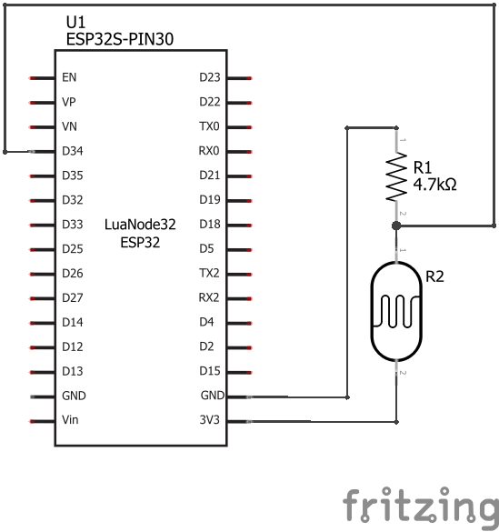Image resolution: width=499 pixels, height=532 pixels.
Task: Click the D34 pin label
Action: (73, 151)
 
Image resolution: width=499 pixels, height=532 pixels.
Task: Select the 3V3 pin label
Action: (209, 420)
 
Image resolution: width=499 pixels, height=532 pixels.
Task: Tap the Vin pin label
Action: (70, 420)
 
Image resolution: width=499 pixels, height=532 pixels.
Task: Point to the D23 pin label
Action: (210, 77)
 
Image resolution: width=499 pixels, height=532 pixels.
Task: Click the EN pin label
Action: (69, 77)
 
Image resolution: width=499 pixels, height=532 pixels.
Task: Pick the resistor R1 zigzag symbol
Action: (396, 176)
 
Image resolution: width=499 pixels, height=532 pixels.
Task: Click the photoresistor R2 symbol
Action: (396, 311)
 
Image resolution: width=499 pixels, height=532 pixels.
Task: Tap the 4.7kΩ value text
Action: (435, 185)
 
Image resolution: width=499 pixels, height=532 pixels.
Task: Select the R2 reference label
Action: (434, 276)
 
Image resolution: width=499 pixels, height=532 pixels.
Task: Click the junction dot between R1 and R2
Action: (396, 226)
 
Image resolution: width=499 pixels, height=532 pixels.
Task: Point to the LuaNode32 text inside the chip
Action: (140, 225)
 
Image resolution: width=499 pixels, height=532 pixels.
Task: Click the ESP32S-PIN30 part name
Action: (120, 39)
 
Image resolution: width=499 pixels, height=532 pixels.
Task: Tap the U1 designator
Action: (75, 23)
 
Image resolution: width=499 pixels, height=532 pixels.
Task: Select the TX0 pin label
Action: (209, 126)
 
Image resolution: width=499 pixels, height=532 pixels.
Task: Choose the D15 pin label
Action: (210, 371)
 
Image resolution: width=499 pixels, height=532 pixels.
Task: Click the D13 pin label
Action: (73, 371)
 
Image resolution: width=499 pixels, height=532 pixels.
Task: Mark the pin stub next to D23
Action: (239, 78)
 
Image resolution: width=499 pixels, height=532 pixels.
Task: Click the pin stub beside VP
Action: (42, 103)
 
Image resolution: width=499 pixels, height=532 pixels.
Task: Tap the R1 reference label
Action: (423, 167)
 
